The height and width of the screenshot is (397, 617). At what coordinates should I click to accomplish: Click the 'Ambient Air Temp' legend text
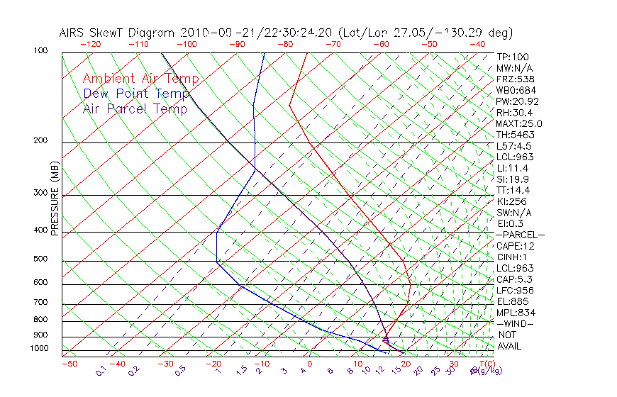click(140, 79)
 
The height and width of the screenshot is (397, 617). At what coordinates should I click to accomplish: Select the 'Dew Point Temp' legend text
click(136, 94)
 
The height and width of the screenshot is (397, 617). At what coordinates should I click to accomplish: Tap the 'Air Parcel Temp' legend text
click(135, 108)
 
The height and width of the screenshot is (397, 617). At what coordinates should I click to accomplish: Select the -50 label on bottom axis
click(69, 364)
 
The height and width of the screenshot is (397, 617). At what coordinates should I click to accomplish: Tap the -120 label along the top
click(89, 43)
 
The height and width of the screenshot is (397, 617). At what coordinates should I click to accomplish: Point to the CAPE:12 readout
click(515, 246)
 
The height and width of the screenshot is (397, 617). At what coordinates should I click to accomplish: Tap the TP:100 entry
click(513, 57)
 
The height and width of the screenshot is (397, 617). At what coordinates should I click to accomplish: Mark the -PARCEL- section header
click(521, 235)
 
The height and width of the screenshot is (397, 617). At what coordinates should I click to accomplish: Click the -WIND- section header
click(516, 323)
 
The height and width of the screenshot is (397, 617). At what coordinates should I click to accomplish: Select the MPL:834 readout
click(516, 313)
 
